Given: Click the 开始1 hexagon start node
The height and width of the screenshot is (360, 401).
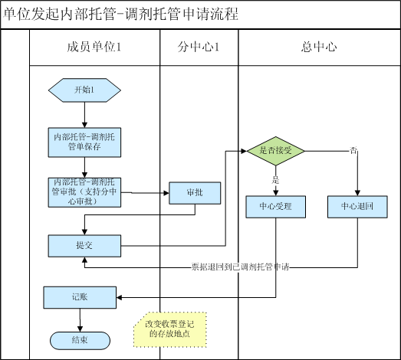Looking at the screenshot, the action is [84, 90].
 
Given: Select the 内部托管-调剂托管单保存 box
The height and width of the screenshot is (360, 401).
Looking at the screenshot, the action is [84, 142].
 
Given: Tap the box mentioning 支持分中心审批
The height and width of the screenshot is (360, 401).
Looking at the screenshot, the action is [84, 192].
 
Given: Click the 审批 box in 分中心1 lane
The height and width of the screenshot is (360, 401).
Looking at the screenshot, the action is [195, 193].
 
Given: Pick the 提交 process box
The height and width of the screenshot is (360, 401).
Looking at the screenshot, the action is [84, 246].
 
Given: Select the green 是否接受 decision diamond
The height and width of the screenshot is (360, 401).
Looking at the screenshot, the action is [276, 151].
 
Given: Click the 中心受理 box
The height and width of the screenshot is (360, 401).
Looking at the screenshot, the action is [276, 207].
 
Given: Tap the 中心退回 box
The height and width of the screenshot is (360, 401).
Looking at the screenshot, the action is [357, 207].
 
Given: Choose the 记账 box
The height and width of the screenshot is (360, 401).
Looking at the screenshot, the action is [80, 297].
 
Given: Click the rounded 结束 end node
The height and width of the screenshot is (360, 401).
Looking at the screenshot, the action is [80, 341].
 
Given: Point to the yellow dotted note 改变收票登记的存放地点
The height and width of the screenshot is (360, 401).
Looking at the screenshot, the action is [170, 329].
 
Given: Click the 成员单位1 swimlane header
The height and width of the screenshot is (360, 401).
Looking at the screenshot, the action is [94, 47].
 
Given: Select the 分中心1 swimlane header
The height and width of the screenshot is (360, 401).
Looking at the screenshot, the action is [199, 47].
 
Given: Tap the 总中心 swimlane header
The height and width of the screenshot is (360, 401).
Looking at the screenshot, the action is [319, 47].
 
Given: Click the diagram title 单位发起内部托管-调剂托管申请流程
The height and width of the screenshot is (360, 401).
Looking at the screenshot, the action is [120, 14].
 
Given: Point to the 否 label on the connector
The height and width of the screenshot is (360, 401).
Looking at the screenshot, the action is [353, 150].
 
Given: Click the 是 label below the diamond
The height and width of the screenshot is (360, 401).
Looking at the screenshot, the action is [275, 180].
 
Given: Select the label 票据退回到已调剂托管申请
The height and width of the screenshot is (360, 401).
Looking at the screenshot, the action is [241, 267].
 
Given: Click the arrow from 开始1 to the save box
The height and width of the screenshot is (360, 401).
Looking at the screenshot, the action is [84, 115].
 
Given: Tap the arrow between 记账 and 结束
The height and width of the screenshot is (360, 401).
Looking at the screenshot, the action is [80, 320].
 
